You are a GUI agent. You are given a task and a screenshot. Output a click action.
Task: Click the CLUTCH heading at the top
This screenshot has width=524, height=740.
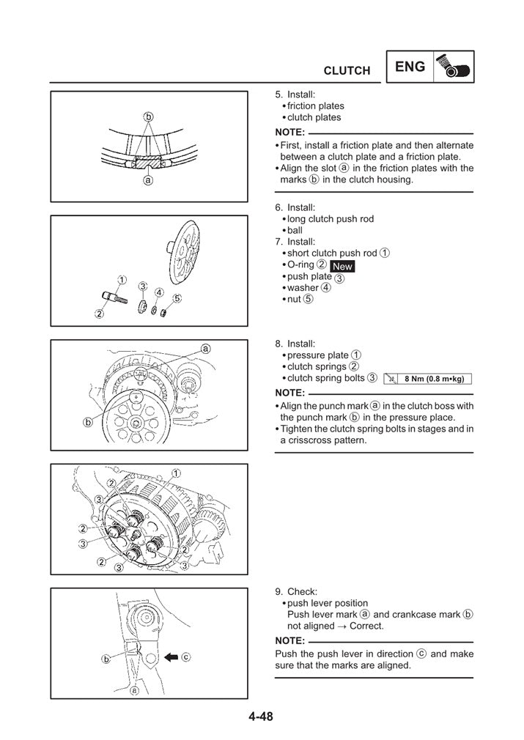[347, 70]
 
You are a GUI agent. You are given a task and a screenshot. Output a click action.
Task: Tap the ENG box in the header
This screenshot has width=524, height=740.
[410, 67]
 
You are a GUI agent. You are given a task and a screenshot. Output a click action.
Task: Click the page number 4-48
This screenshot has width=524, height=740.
[259, 717]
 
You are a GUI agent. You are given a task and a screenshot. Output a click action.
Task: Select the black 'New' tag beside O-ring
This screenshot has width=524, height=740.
[342, 267]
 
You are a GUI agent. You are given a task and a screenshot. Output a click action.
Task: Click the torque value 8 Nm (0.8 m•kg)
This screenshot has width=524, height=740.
[435, 379]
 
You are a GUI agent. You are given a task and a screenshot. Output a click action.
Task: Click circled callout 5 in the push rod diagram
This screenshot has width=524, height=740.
[177, 298]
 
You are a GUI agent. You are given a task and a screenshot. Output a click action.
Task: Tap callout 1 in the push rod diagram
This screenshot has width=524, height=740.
[121, 280]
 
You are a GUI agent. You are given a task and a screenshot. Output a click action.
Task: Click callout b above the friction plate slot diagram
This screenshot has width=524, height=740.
[148, 116]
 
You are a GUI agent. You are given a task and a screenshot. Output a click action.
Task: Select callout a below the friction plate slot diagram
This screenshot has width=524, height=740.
[148, 180]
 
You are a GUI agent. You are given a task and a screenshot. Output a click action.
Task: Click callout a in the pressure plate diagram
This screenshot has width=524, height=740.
[205, 349]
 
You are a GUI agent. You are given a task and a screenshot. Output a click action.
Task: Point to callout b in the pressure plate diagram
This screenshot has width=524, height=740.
[88, 422]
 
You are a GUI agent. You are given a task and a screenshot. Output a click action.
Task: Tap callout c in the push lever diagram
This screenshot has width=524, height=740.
[185, 657]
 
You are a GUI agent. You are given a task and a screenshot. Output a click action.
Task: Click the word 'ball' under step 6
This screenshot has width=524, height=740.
[295, 230]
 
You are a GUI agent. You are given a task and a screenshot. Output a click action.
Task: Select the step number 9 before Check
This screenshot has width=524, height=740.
[278, 592]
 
